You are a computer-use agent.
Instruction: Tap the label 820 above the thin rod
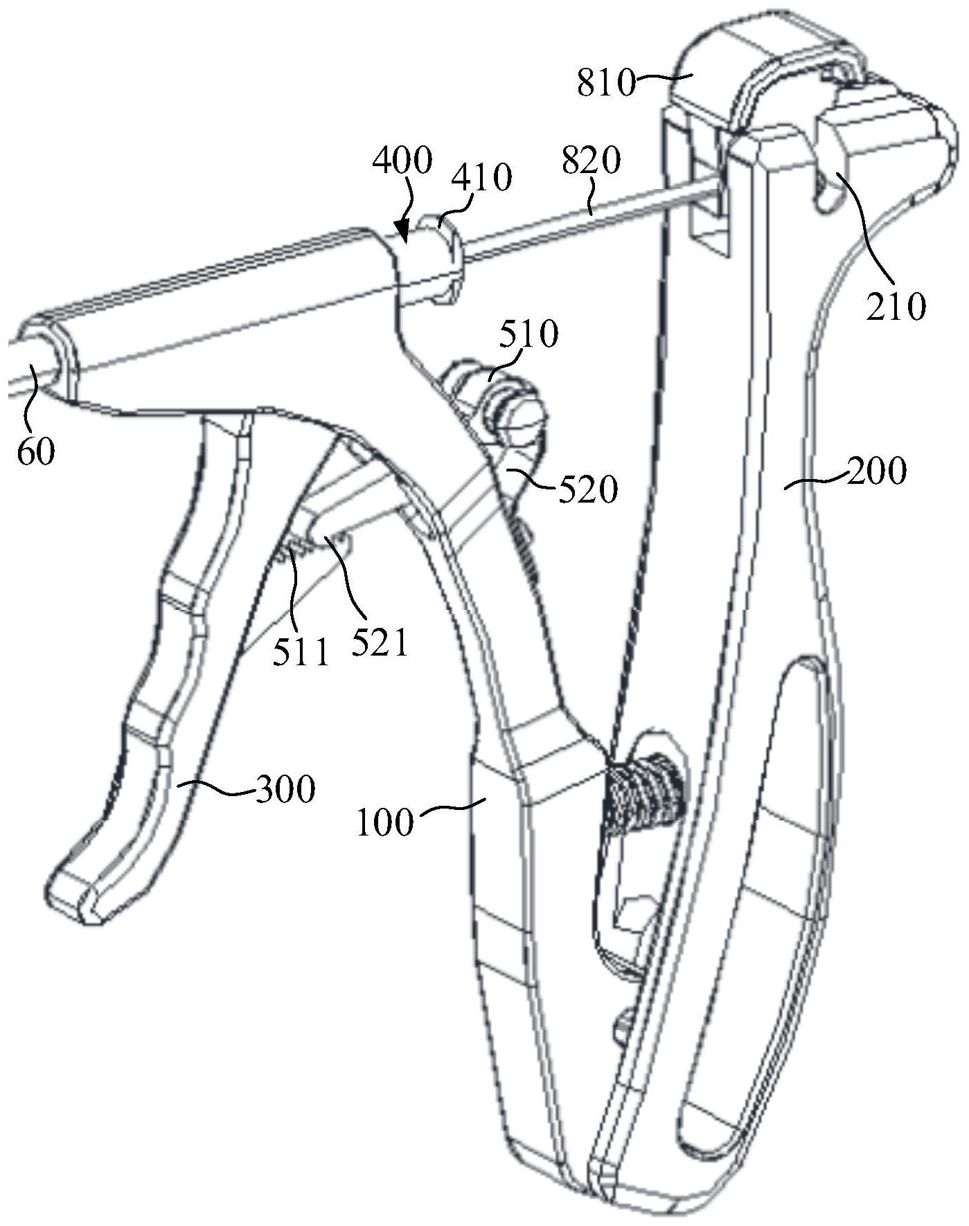(592, 161)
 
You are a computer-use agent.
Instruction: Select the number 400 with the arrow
(402, 161)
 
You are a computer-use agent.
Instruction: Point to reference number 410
(481, 177)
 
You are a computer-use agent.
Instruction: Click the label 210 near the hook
(896, 306)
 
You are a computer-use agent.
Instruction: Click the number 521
(380, 643)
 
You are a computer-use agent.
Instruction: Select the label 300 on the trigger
(285, 788)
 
